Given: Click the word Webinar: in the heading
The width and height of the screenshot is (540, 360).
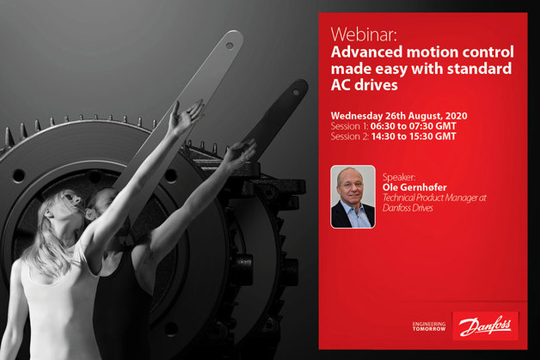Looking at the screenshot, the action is (364, 34).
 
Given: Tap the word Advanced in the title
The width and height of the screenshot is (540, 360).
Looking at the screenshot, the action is (366, 52).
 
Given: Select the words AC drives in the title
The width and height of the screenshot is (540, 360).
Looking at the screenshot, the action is (364, 85).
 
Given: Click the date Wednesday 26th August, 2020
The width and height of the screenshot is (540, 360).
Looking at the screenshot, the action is (399, 116).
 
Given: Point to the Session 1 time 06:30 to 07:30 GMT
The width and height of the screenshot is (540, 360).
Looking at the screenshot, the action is (414, 126).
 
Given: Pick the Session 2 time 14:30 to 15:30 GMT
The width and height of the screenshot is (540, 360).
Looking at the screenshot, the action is (414, 137).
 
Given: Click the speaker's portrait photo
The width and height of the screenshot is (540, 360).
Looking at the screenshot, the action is (353, 197).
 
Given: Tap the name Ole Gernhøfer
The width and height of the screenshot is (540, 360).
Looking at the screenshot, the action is (414, 188).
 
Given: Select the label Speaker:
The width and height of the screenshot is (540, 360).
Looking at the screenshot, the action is (399, 178).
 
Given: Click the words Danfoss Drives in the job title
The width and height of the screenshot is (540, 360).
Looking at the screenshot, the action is (408, 208).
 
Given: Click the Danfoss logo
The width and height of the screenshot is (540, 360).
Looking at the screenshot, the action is (485, 326).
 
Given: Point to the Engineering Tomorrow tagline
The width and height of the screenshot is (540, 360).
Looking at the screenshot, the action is (429, 326).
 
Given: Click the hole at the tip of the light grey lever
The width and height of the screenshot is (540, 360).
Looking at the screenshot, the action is (230, 45).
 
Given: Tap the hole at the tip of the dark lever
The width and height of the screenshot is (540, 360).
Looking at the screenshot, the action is (296, 92).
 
